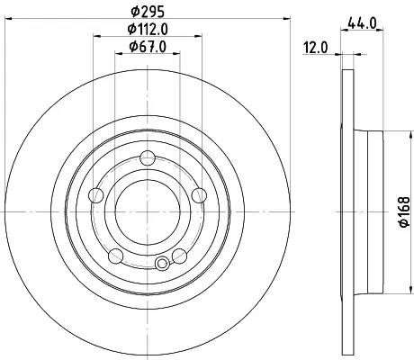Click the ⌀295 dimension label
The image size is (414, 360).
point(148,12)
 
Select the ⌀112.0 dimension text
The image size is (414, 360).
point(148,29)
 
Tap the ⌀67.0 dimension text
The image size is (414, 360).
point(148,47)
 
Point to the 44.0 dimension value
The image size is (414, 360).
point(362,23)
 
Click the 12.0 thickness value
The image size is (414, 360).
point(316,48)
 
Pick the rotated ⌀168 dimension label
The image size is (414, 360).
point(404,211)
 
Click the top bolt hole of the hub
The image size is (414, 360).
point(148,158)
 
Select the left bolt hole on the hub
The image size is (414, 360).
point(96,195)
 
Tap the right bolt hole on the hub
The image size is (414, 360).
point(199,195)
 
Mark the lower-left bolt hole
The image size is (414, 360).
point(116,256)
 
